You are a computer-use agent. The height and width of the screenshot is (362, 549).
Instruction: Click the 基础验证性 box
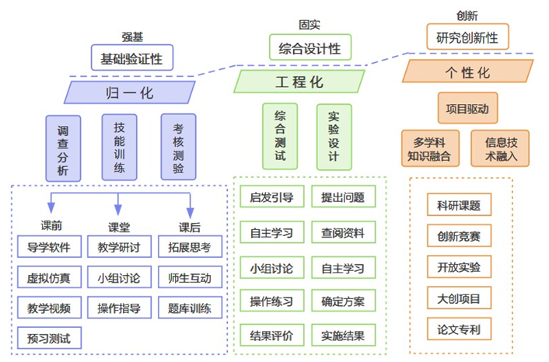point(131,58)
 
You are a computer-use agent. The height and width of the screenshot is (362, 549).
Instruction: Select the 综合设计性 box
point(309,48)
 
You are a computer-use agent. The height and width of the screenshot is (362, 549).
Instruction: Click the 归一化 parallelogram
point(129,93)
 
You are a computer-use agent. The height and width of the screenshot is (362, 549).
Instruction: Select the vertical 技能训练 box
point(119,146)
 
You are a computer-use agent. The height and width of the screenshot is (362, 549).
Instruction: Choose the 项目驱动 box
point(467,110)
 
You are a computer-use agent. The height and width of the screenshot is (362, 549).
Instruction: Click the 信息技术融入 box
point(500,148)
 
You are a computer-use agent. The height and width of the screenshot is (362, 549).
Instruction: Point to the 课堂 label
point(119,227)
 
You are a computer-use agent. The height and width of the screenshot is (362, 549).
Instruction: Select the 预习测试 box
point(50,338)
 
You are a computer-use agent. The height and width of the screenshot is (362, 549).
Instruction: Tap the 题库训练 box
point(190,308)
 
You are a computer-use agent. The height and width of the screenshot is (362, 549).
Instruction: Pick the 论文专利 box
point(460,329)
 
